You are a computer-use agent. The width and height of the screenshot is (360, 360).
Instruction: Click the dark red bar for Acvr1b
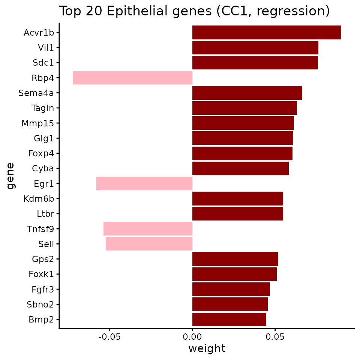pos(267,32)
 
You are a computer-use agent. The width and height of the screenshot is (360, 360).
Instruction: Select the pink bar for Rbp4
pos(132,78)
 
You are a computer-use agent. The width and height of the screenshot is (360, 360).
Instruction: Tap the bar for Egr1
pos(144,183)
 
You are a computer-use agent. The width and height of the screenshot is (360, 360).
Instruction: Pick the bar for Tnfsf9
pos(148,229)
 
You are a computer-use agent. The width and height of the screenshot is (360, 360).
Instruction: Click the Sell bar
pos(149,244)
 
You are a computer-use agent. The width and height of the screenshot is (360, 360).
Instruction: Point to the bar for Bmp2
pos(229,319)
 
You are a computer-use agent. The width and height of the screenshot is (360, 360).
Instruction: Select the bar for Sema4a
pos(247,93)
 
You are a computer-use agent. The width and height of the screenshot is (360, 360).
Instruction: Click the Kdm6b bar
pos(238,199)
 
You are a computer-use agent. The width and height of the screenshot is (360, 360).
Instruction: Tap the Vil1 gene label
pos(46,48)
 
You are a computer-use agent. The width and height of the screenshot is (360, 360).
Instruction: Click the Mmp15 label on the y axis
pos(37,123)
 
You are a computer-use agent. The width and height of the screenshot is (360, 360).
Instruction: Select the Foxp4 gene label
pos(41,153)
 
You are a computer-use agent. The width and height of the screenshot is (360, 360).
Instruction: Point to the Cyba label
pos(43,168)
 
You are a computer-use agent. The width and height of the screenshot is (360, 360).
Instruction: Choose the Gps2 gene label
pos(43,259)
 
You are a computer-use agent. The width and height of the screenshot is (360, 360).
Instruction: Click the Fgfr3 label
pos(43,289)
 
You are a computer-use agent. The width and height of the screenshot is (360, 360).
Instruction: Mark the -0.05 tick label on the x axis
pos(109,337)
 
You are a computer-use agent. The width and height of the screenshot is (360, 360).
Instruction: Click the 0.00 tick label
pos(192,337)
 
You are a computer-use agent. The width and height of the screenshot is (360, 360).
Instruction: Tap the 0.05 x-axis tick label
pos(275,337)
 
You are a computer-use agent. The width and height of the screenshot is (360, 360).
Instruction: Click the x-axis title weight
pos(207,348)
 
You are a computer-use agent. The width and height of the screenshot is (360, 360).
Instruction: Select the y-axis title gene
pos(10,176)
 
